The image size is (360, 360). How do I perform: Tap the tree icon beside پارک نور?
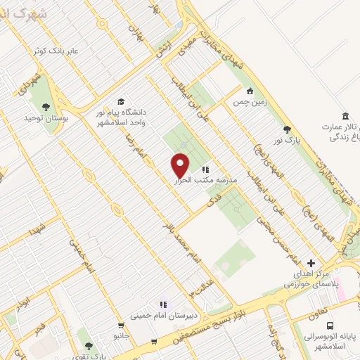(287, 129)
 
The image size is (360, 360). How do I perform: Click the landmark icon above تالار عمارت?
(345, 116)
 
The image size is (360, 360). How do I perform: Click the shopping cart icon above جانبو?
(122, 326)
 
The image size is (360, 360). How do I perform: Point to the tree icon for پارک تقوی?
(89, 346)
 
